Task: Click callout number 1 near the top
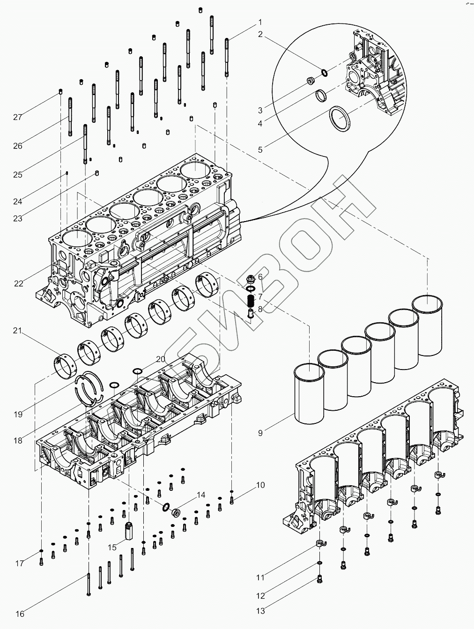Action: pos(260,22)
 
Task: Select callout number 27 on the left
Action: pos(17,117)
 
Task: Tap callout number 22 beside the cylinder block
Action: pos(18,283)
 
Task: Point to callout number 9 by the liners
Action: pos(260,433)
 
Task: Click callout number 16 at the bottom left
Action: pos(20,614)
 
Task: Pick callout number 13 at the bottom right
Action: pos(260,611)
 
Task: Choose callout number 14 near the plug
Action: pos(201,495)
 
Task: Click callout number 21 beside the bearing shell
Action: pos(17,331)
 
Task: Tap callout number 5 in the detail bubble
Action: pos(260,150)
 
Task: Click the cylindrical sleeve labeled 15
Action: pos(130,532)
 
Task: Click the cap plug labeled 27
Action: pos(61,91)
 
